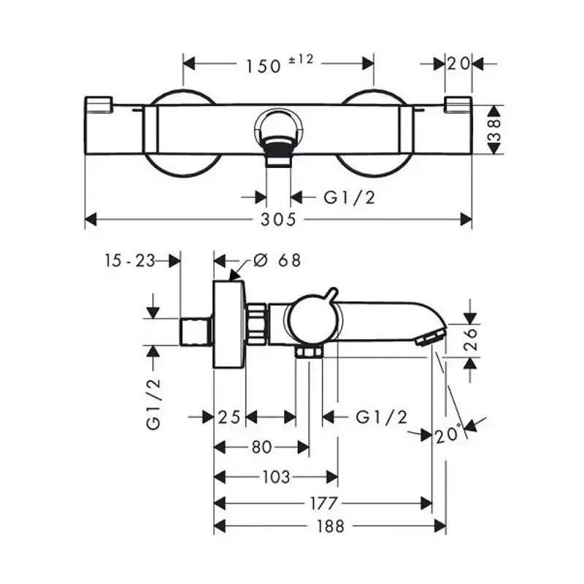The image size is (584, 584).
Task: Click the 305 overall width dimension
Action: (280, 219)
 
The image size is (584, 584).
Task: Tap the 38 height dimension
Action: (495, 129)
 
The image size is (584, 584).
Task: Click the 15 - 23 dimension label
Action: (129, 260)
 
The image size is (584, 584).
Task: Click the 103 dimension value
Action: (275, 477)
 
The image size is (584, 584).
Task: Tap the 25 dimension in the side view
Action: (229, 417)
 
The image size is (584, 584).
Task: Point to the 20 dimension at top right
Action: (458, 64)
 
